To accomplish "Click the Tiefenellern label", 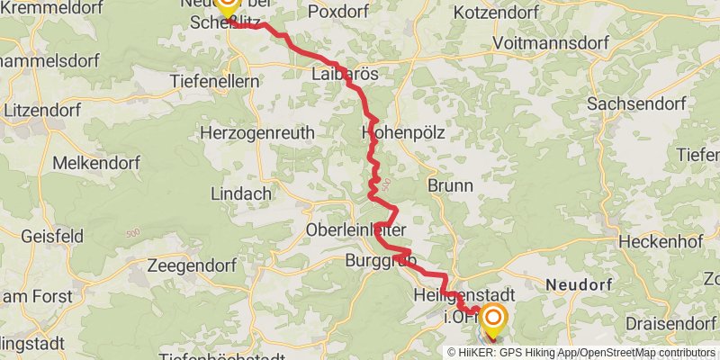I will coord(215,81).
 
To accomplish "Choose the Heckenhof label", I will coord(648,244).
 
